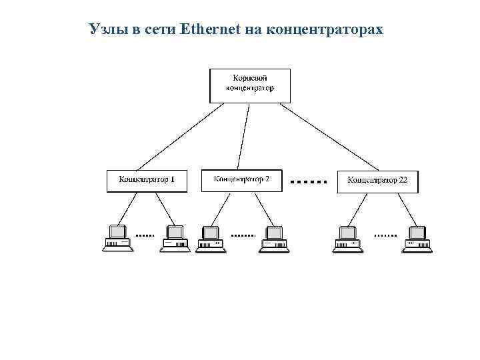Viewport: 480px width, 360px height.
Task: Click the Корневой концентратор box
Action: point(250,85)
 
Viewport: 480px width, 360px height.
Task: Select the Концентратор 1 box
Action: point(147,181)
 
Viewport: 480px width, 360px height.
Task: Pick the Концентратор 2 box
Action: point(242,179)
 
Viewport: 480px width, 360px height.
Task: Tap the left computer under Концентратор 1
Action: point(117,238)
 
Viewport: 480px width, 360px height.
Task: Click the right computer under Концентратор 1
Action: point(175,238)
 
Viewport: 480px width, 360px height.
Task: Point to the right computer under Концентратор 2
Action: point(273,238)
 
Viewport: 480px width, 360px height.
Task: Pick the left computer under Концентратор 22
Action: point(348,238)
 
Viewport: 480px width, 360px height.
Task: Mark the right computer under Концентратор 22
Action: point(417,238)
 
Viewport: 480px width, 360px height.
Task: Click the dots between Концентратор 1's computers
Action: point(145,235)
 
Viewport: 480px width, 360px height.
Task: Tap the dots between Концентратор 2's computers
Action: point(243,235)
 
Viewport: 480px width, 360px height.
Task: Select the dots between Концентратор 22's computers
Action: point(385,235)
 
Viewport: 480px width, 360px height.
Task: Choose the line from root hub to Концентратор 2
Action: point(245,137)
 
